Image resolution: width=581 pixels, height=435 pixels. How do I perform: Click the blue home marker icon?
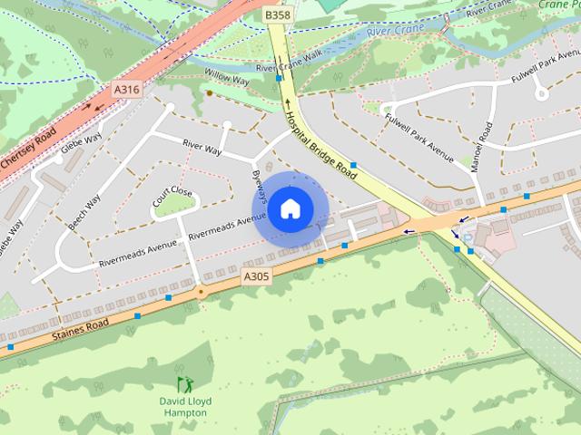click(289, 208)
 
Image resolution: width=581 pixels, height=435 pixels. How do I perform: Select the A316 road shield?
click(126, 89)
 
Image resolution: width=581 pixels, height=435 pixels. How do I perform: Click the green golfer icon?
click(183, 384)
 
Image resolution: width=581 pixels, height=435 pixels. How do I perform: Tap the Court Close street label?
click(173, 198)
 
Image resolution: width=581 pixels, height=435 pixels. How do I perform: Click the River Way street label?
click(202, 147)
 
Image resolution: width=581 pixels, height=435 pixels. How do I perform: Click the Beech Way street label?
click(84, 210)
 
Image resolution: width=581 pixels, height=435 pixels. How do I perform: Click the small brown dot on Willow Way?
click(209, 92)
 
